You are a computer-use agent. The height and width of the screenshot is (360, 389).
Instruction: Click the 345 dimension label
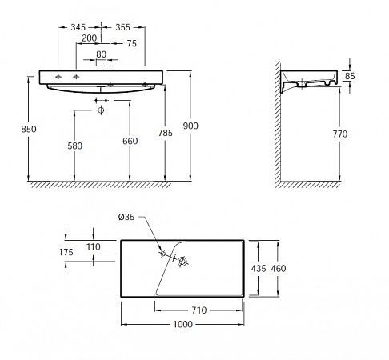[x=78, y=27]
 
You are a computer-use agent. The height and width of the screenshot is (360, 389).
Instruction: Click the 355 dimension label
[x=122, y=27]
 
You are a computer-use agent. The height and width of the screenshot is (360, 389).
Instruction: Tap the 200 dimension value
[x=89, y=38]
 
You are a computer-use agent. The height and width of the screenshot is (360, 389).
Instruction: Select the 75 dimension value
[x=132, y=43]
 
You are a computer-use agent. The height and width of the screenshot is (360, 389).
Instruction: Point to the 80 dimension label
[x=101, y=54]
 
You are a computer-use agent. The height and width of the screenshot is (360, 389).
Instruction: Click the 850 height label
[x=29, y=129]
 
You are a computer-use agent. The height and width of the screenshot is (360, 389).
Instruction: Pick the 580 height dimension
[x=75, y=146]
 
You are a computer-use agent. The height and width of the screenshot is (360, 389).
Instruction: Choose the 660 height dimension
[x=130, y=141]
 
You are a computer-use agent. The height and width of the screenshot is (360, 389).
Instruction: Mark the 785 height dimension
[x=166, y=133]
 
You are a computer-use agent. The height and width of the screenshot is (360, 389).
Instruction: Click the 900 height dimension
[x=190, y=126]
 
